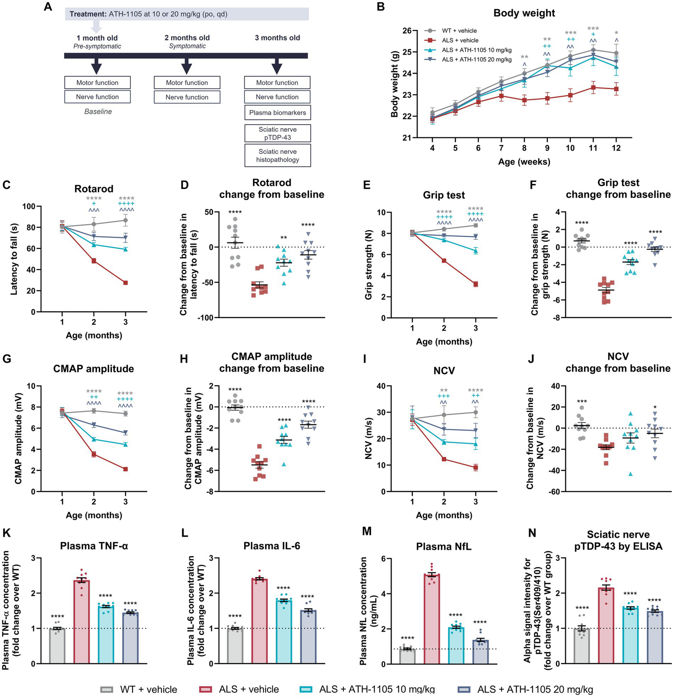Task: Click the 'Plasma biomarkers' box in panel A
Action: pos(277,112)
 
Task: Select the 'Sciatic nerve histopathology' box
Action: pos(277,155)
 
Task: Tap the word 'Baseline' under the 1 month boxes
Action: pos(98,112)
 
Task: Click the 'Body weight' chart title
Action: pos(524,13)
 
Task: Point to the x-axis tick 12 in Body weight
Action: pos(616,148)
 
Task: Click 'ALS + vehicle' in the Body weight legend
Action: pos(460,40)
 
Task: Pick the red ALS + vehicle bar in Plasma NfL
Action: pos(432,619)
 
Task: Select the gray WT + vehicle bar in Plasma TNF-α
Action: pos(57,646)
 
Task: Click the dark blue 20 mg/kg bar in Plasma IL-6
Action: pos(308,637)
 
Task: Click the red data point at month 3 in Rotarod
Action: pos(126,283)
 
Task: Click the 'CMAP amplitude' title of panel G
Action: pos(94,368)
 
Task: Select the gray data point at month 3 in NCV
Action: pos(476,412)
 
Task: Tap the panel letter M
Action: pos(366,532)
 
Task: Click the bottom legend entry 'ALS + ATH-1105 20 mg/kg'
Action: pos(535,689)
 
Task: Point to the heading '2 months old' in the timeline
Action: pos(187,38)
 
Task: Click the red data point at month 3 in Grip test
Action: pos(476,284)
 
